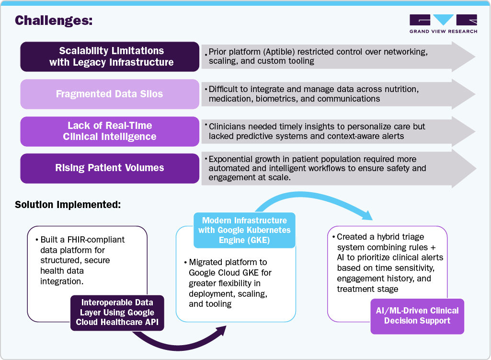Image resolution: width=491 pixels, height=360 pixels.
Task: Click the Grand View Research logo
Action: click(x=443, y=23)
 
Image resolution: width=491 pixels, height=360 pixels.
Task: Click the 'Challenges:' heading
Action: click(x=54, y=21)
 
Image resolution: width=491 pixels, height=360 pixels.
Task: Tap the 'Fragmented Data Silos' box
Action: click(x=109, y=94)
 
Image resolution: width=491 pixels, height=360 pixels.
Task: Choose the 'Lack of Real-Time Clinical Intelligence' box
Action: click(x=109, y=131)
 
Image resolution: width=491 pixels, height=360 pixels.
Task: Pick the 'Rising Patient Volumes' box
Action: click(x=109, y=168)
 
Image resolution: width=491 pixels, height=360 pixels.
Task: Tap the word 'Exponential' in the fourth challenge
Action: click(x=232, y=159)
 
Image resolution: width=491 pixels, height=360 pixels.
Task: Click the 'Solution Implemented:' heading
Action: click(x=68, y=204)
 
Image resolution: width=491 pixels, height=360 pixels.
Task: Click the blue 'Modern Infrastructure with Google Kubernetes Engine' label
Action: click(x=244, y=231)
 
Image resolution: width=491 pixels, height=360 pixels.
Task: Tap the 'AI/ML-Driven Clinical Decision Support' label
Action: click(x=417, y=316)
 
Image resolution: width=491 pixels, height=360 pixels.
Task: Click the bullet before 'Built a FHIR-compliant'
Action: click(x=37, y=240)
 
